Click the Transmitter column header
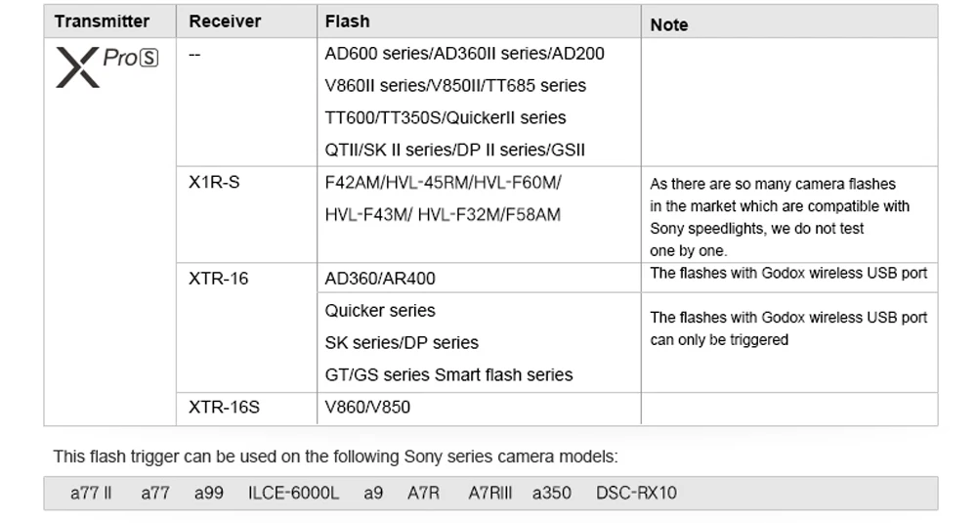coord(102,22)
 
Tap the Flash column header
coord(347,22)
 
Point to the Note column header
coord(669,24)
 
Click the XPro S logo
coord(106,66)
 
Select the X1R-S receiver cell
coord(214,183)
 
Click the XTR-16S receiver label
coord(224,407)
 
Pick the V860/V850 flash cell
coord(367,407)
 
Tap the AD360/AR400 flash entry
coord(380,279)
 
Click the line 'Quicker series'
coord(380,311)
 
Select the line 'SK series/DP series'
coord(402,343)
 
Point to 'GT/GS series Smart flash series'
coord(448,374)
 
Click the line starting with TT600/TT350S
coord(446,118)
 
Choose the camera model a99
coord(208,494)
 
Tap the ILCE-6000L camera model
coord(293,494)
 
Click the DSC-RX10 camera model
coord(636,494)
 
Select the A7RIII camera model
coord(489,494)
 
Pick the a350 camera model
coord(552,494)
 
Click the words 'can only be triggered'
coord(719,340)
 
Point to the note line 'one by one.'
coord(689,251)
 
